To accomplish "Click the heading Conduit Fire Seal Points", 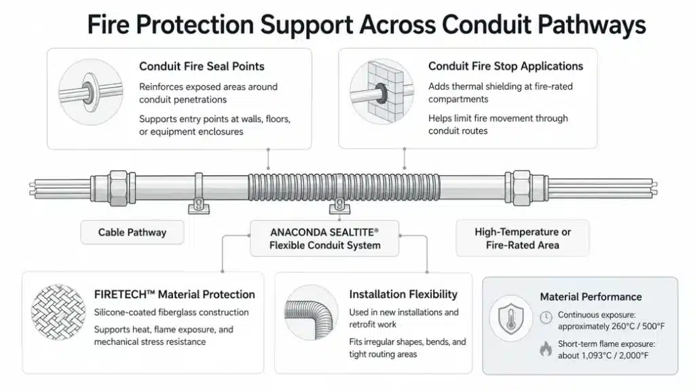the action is [202, 67].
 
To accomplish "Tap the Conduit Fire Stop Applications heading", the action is [506, 66].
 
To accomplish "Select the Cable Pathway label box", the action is [132, 232].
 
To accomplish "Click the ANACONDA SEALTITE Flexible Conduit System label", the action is [324, 238].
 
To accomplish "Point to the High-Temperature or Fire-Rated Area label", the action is [523, 238].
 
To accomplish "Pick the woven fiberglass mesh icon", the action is [58, 312].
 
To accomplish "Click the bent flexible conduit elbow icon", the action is [310, 312].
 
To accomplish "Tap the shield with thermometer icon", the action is [511, 318].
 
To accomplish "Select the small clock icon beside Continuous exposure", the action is [546, 318].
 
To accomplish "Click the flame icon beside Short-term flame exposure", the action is [546, 349].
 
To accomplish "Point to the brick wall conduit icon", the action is [381, 92].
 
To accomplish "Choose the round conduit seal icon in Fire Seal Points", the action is [90, 92].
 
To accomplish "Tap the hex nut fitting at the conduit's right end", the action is [522, 188].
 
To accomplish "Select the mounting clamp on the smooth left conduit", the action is [199, 193].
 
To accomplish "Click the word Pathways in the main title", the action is [592, 25].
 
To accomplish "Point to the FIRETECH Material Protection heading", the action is [174, 295].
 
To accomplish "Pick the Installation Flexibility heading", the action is [403, 295].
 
